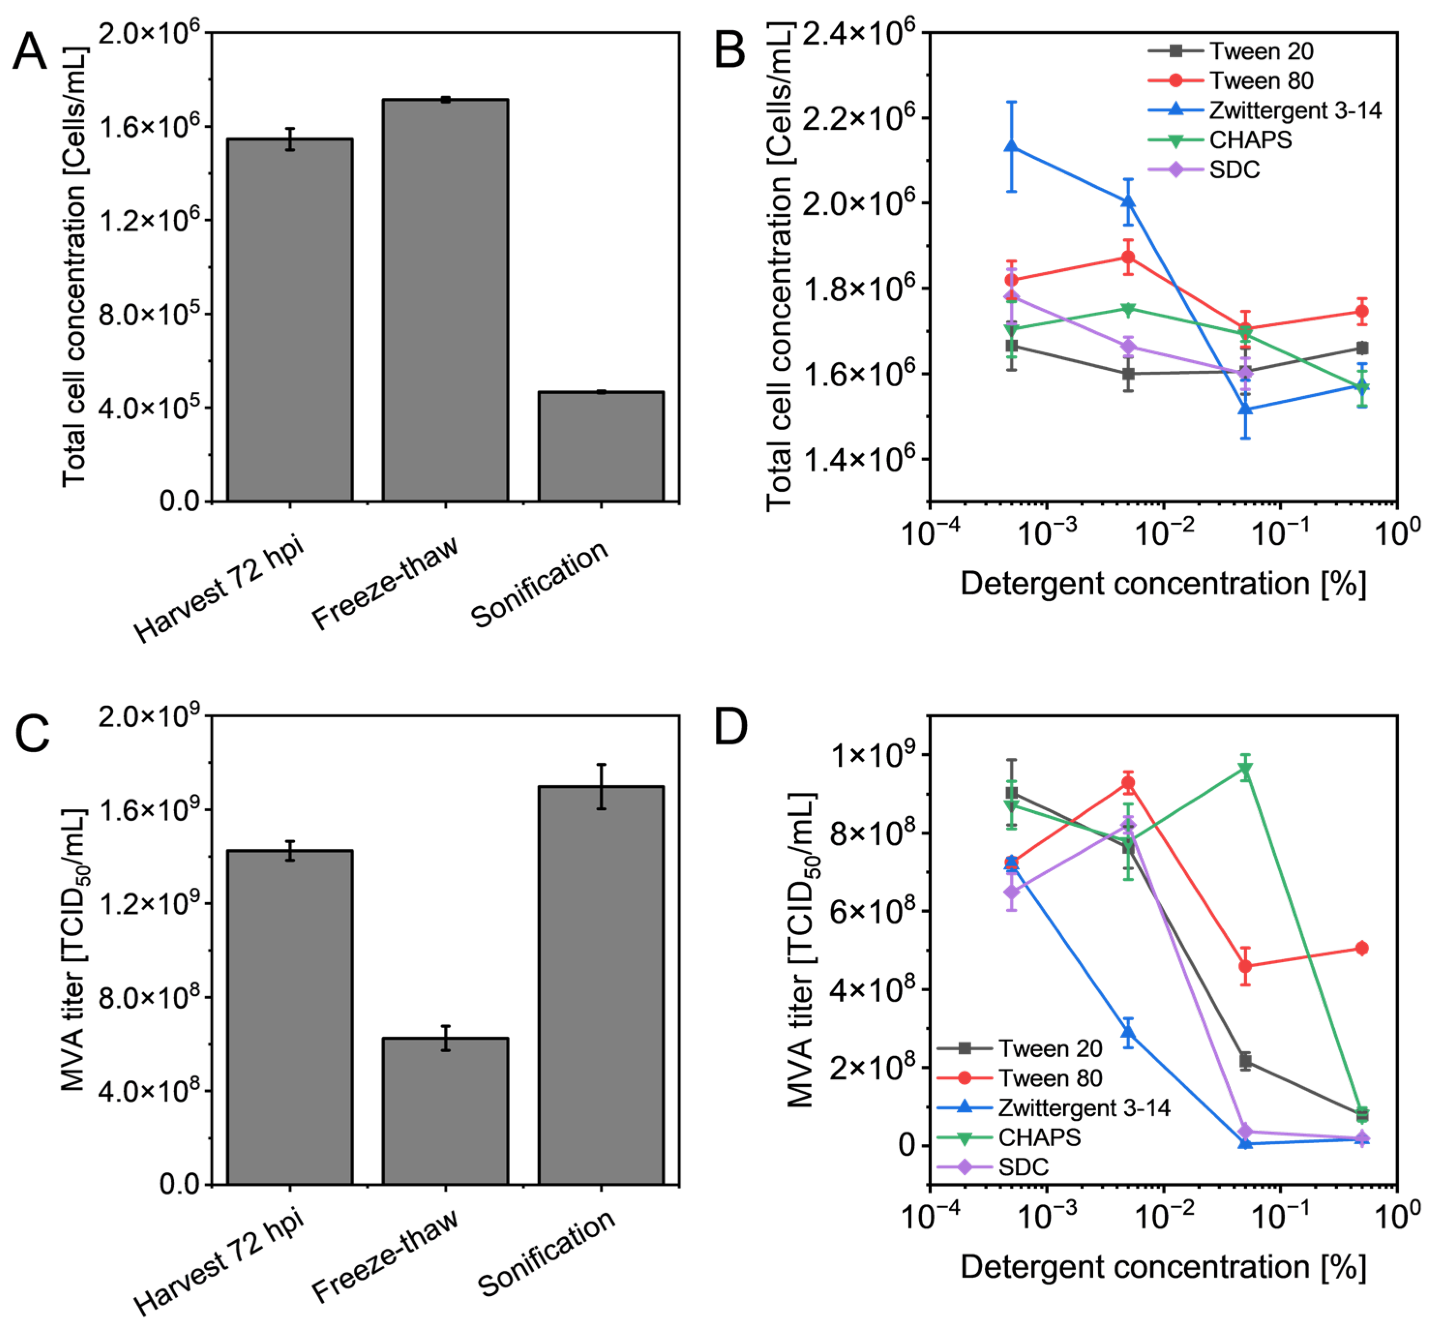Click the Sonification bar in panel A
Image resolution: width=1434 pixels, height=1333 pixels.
coord(601,446)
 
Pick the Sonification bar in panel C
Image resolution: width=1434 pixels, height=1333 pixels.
coord(601,985)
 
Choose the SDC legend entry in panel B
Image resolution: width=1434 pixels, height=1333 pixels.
coord(1205,169)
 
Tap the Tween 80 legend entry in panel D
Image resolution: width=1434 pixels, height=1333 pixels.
coord(1020,1078)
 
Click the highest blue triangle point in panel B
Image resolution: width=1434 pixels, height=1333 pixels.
coord(1011,147)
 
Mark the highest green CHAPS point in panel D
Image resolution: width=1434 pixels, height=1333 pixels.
coord(1245,770)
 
